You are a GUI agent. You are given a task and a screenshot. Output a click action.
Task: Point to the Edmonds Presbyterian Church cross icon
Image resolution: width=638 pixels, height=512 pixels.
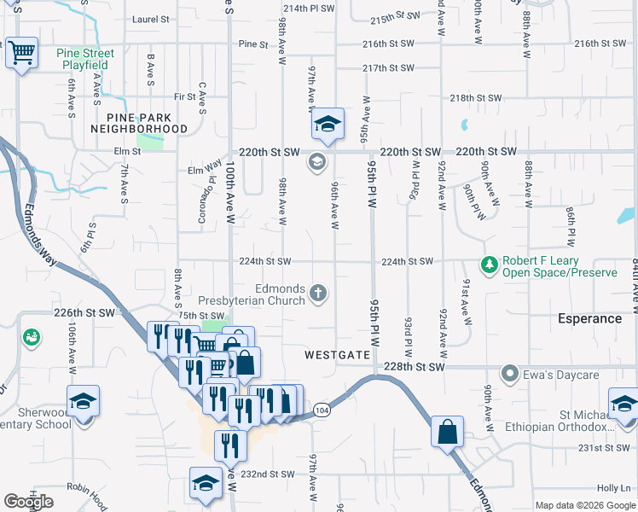317,294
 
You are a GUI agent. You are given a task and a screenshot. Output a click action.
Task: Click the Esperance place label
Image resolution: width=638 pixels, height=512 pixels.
589,318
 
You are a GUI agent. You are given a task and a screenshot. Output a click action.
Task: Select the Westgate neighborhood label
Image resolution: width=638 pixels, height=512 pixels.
338,354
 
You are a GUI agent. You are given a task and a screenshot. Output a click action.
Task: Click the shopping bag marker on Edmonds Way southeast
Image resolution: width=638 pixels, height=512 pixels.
448,431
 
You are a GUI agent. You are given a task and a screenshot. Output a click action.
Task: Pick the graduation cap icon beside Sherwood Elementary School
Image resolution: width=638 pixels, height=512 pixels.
84,400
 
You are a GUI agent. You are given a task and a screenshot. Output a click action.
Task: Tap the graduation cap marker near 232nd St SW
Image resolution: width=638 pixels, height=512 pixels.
205,483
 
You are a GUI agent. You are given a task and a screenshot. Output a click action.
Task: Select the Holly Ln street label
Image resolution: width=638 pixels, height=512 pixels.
613,488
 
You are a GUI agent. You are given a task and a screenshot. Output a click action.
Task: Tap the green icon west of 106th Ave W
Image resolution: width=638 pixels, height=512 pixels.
31,338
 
